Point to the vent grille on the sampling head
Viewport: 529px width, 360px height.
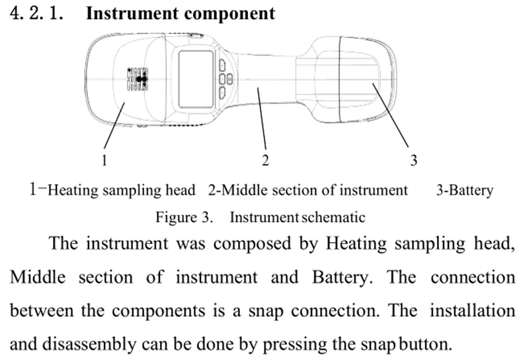click(x=138, y=78)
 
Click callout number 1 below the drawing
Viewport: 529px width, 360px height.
click(x=104, y=159)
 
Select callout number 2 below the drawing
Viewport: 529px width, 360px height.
click(x=265, y=159)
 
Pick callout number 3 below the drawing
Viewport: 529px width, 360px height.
click(x=413, y=159)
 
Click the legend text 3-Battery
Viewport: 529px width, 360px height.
click(x=464, y=191)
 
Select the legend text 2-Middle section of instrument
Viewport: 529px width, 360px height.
click(x=307, y=191)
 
